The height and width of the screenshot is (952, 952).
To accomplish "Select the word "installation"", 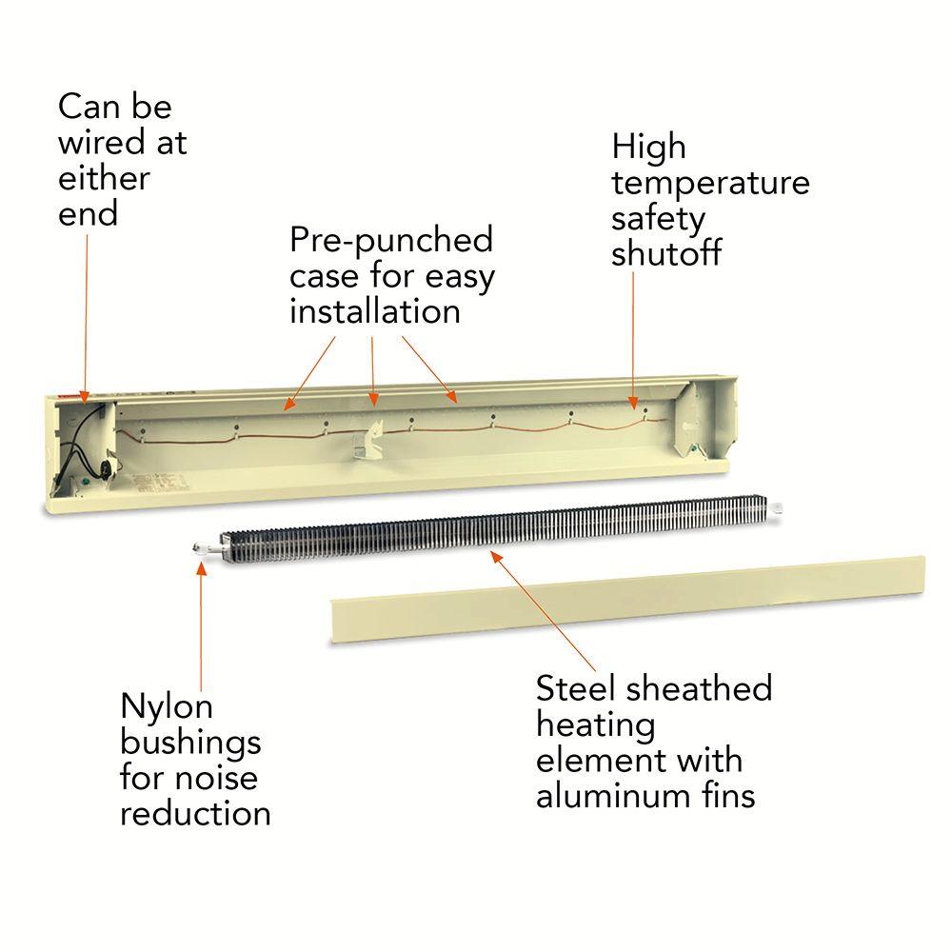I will (x=375, y=311).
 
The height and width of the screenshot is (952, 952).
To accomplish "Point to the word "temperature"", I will (x=710, y=183).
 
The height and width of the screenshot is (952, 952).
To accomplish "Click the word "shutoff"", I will (x=666, y=254).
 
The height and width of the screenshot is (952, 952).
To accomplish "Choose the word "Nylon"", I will (x=167, y=707).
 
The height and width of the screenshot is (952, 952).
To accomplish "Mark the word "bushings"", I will (x=190, y=743).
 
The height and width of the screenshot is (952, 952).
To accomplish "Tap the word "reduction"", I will (x=195, y=813).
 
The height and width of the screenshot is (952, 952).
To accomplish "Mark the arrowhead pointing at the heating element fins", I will (x=493, y=554).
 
